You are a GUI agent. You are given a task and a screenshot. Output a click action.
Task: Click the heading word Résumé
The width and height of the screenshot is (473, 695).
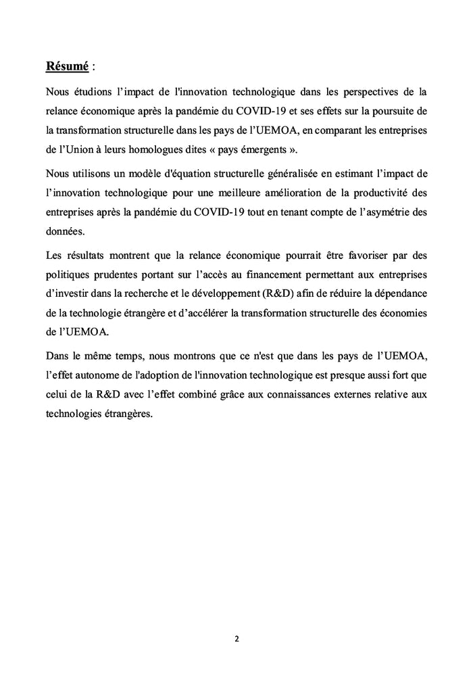67,66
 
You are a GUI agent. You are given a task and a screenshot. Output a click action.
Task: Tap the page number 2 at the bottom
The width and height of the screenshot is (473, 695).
236,638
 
